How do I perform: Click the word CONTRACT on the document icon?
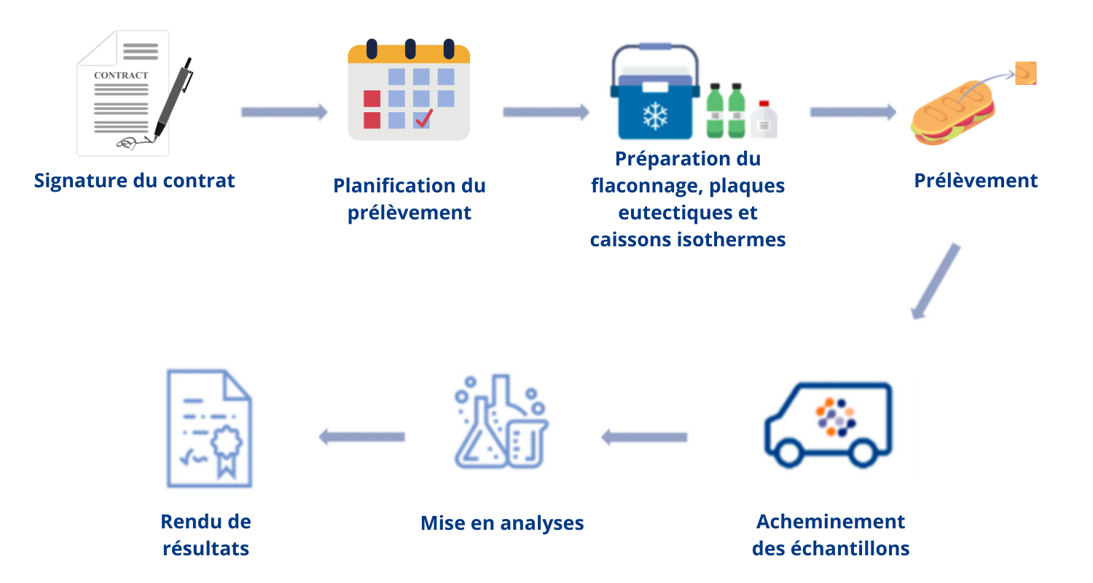121,75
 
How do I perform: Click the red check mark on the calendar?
423,118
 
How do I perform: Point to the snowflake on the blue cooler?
655,116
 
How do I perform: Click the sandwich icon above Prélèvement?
952,113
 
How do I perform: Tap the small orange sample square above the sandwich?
1026,73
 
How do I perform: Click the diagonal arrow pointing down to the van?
936,281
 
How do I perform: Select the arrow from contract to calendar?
284,112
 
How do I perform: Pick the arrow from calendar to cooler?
546,112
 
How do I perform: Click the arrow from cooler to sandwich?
853,112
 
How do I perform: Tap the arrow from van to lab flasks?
644,437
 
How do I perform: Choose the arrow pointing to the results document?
362,437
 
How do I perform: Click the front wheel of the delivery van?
788,453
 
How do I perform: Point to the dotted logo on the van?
836,417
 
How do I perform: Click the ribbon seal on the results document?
227,449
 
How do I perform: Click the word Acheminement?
831,522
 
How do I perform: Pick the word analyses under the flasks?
542,523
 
